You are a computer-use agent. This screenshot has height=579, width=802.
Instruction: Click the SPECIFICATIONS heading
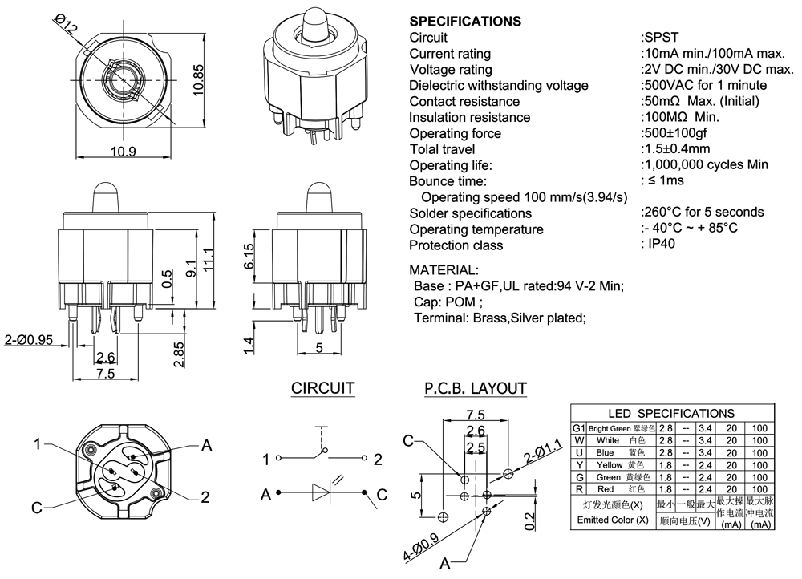464,21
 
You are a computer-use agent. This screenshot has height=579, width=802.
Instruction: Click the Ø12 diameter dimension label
67,25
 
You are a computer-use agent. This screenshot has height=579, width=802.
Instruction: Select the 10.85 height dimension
200,80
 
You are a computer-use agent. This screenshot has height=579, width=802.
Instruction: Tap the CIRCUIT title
322,389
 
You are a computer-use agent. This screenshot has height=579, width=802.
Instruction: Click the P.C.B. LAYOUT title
475,389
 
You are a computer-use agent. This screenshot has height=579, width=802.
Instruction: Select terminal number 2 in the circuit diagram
376,460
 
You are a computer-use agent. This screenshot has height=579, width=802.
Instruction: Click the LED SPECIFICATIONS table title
670,413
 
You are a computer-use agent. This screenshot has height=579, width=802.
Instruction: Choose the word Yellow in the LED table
610,464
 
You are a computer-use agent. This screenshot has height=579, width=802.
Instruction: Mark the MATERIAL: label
444,269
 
